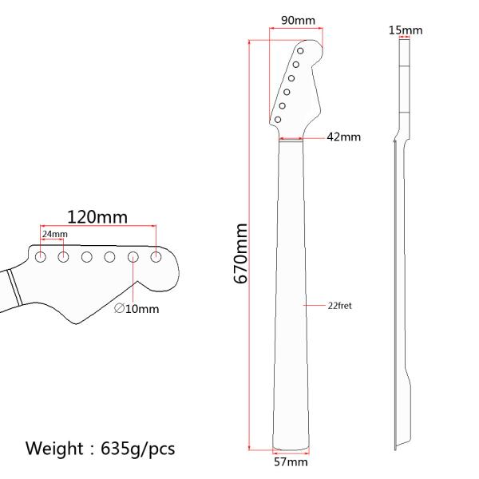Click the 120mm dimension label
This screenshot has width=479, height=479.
point(97,217)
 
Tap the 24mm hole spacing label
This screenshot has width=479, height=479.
point(54,234)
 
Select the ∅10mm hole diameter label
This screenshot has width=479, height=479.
point(137,309)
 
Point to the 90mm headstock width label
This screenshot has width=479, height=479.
point(296,19)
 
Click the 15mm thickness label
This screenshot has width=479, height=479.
point(406,30)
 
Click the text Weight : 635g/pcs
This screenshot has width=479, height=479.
point(100,449)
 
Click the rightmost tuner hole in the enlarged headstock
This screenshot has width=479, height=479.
point(156,256)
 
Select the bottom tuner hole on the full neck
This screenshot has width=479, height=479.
point(277,120)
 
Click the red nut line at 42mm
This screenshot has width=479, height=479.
point(291,139)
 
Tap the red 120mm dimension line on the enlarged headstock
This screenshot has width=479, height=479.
point(97,228)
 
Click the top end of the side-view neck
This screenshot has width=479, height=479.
point(406,42)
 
